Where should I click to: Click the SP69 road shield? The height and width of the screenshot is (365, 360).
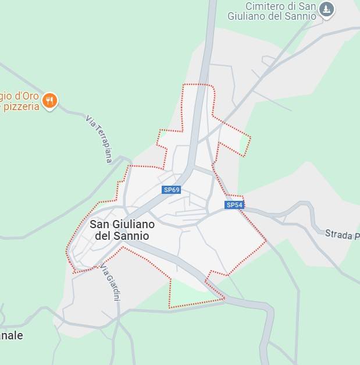point(172,190)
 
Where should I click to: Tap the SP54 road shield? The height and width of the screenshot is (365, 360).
point(234,205)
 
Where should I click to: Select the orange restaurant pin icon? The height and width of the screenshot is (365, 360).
point(50,101)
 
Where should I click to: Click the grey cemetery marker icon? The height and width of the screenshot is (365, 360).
point(327,9)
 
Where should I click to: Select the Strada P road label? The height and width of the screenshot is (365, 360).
point(342,235)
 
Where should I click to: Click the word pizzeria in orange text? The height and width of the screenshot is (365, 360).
point(21,107)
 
